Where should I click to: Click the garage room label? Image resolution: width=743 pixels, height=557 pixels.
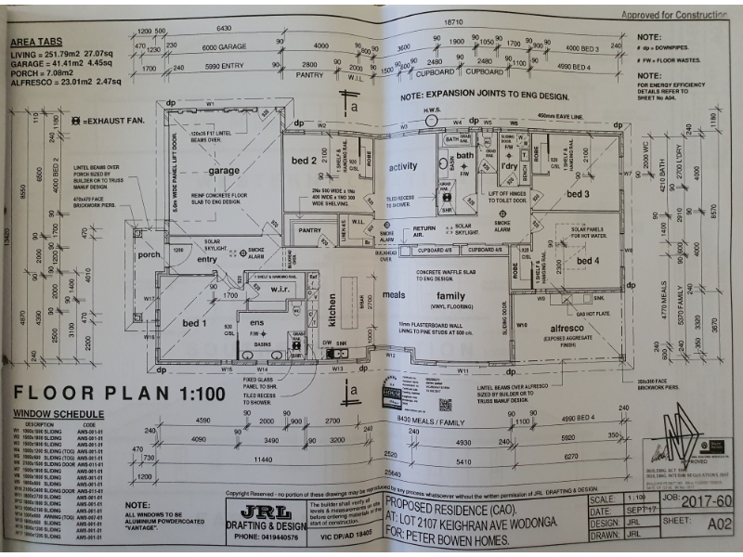(224, 171)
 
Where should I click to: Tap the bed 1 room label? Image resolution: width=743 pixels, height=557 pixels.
(194, 322)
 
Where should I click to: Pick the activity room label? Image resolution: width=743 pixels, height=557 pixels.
(403, 167)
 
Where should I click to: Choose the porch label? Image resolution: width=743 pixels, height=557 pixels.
(149, 255)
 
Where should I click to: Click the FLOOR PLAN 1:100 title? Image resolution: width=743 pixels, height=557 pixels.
(119, 393)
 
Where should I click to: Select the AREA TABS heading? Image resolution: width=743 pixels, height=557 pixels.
(37, 43)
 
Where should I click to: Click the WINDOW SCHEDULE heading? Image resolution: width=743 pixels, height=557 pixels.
(58, 414)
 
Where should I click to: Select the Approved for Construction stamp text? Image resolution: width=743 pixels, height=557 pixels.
(674, 15)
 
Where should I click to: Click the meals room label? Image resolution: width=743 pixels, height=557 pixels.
(393, 295)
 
